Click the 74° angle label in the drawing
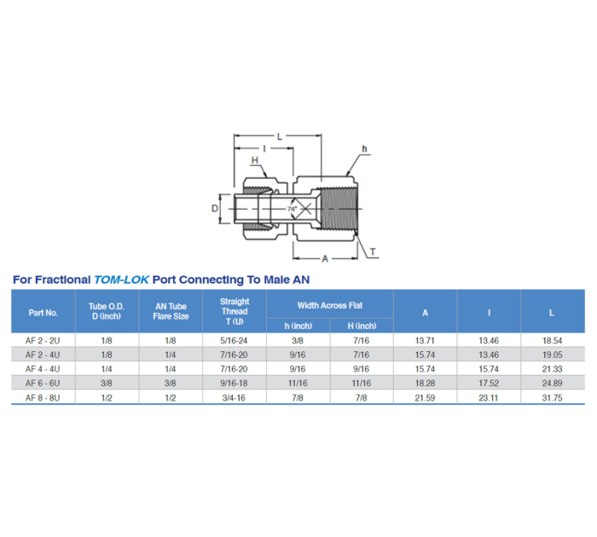292,209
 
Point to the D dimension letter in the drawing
216,207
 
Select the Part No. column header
43,312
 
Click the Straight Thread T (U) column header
235,311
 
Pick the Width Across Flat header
329,304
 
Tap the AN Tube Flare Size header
171,311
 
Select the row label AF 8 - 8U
43,398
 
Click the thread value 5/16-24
235,340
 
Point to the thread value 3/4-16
235,398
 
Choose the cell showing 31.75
552,398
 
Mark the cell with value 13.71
425,340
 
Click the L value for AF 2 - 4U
552,355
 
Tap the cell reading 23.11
489,398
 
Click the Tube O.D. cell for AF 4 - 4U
107,369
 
